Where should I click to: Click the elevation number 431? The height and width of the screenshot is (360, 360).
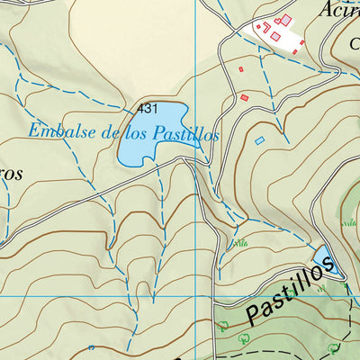point(148,108)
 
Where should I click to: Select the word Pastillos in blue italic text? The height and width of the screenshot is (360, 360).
point(185,134)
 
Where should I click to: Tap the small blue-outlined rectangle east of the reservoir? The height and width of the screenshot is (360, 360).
point(260,140)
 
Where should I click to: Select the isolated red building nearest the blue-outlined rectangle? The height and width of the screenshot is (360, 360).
point(244,97)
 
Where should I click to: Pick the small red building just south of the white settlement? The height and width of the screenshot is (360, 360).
point(241,69)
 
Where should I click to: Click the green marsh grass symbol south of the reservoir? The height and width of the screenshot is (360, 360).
point(239,243)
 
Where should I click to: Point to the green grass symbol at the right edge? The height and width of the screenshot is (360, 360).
point(349,222)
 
